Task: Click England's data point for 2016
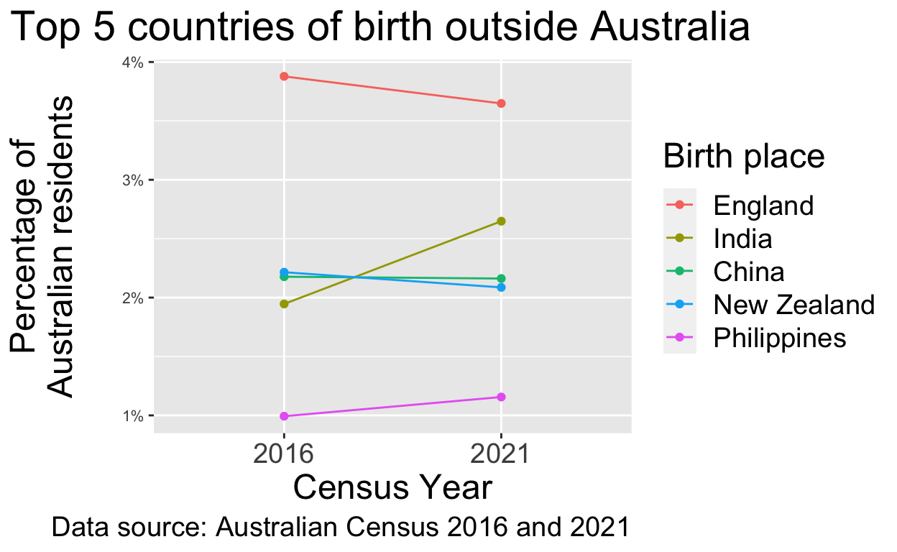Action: click(284, 76)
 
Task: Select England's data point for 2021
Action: click(501, 103)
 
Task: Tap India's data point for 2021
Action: click(501, 221)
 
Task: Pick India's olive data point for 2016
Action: click(284, 304)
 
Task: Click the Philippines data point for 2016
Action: click(284, 416)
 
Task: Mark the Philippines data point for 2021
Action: click(501, 397)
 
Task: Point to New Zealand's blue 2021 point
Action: click(501, 287)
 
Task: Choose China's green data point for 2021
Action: click(501, 278)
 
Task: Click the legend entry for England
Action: click(763, 206)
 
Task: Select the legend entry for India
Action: click(742, 239)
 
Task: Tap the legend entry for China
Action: click(748, 272)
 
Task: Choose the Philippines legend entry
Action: click(779, 338)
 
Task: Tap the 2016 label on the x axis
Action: click(284, 455)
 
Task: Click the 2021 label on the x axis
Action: click(501, 455)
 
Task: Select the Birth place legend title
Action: click(743, 157)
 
